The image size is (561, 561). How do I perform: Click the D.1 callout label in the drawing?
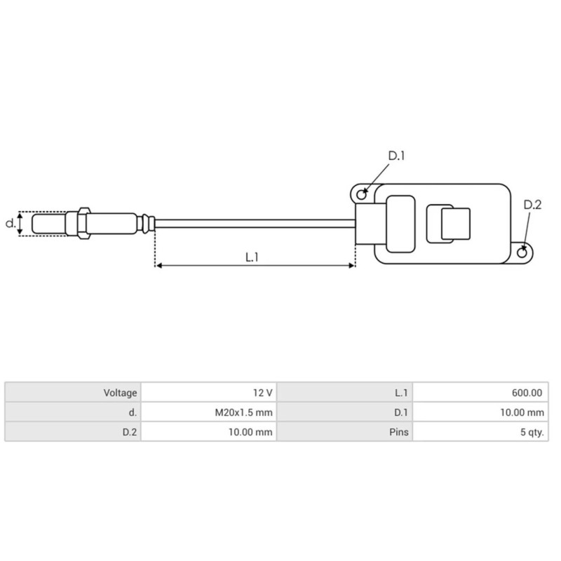pyautogui.click(x=397, y=156)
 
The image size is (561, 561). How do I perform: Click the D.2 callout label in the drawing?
pyautogui.click(x=532, y=205)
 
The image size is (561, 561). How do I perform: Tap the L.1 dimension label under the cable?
pyautogui.click(x=252, y=257)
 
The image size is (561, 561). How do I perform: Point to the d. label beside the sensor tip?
pyautogui.click(x=10, y=224)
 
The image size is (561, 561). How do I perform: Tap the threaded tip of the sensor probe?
pyautogui.click(x=48, y=224)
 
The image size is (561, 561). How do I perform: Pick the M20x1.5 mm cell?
pyautogui.click(x=243, y=413)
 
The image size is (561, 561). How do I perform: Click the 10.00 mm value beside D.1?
pyautogui.click(x=520, y=413)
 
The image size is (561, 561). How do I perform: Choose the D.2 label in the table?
pyautogui.click(x=129, y=432)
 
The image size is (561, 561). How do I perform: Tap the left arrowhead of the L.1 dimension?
pyautogui.click(x=158, y=266)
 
